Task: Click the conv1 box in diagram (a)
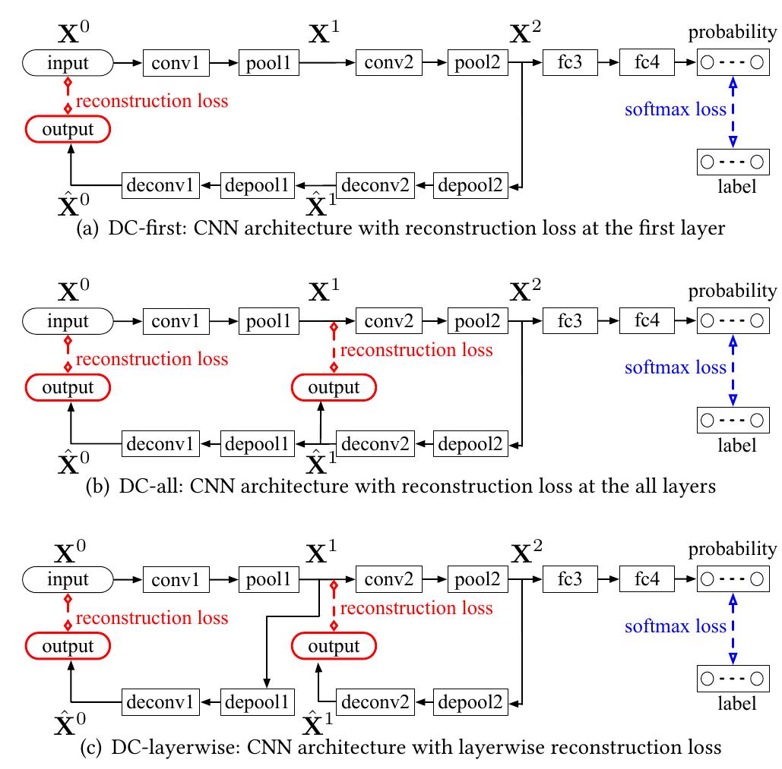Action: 176,63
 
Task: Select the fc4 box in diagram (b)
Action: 647,321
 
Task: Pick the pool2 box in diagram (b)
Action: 477,321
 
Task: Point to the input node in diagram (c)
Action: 68,580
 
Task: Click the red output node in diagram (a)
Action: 68,130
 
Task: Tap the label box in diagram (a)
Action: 733,162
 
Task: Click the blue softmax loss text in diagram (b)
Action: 675,368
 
